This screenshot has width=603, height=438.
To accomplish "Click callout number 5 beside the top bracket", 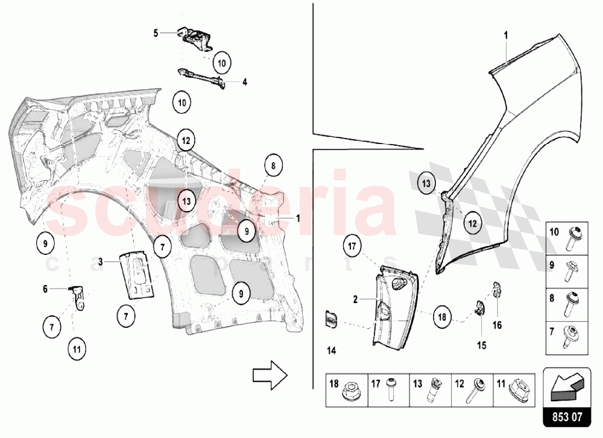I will click(155, 33).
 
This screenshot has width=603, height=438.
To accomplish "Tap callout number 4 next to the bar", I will click(245, 82).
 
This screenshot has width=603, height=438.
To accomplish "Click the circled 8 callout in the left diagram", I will click(273, 164).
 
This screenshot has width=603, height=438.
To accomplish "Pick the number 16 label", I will click(497, 325).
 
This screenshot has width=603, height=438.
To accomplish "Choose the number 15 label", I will click(481, 345).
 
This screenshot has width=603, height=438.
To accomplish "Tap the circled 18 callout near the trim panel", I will click(441, 316).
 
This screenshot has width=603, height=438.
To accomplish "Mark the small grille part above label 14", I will click(331, 320).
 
